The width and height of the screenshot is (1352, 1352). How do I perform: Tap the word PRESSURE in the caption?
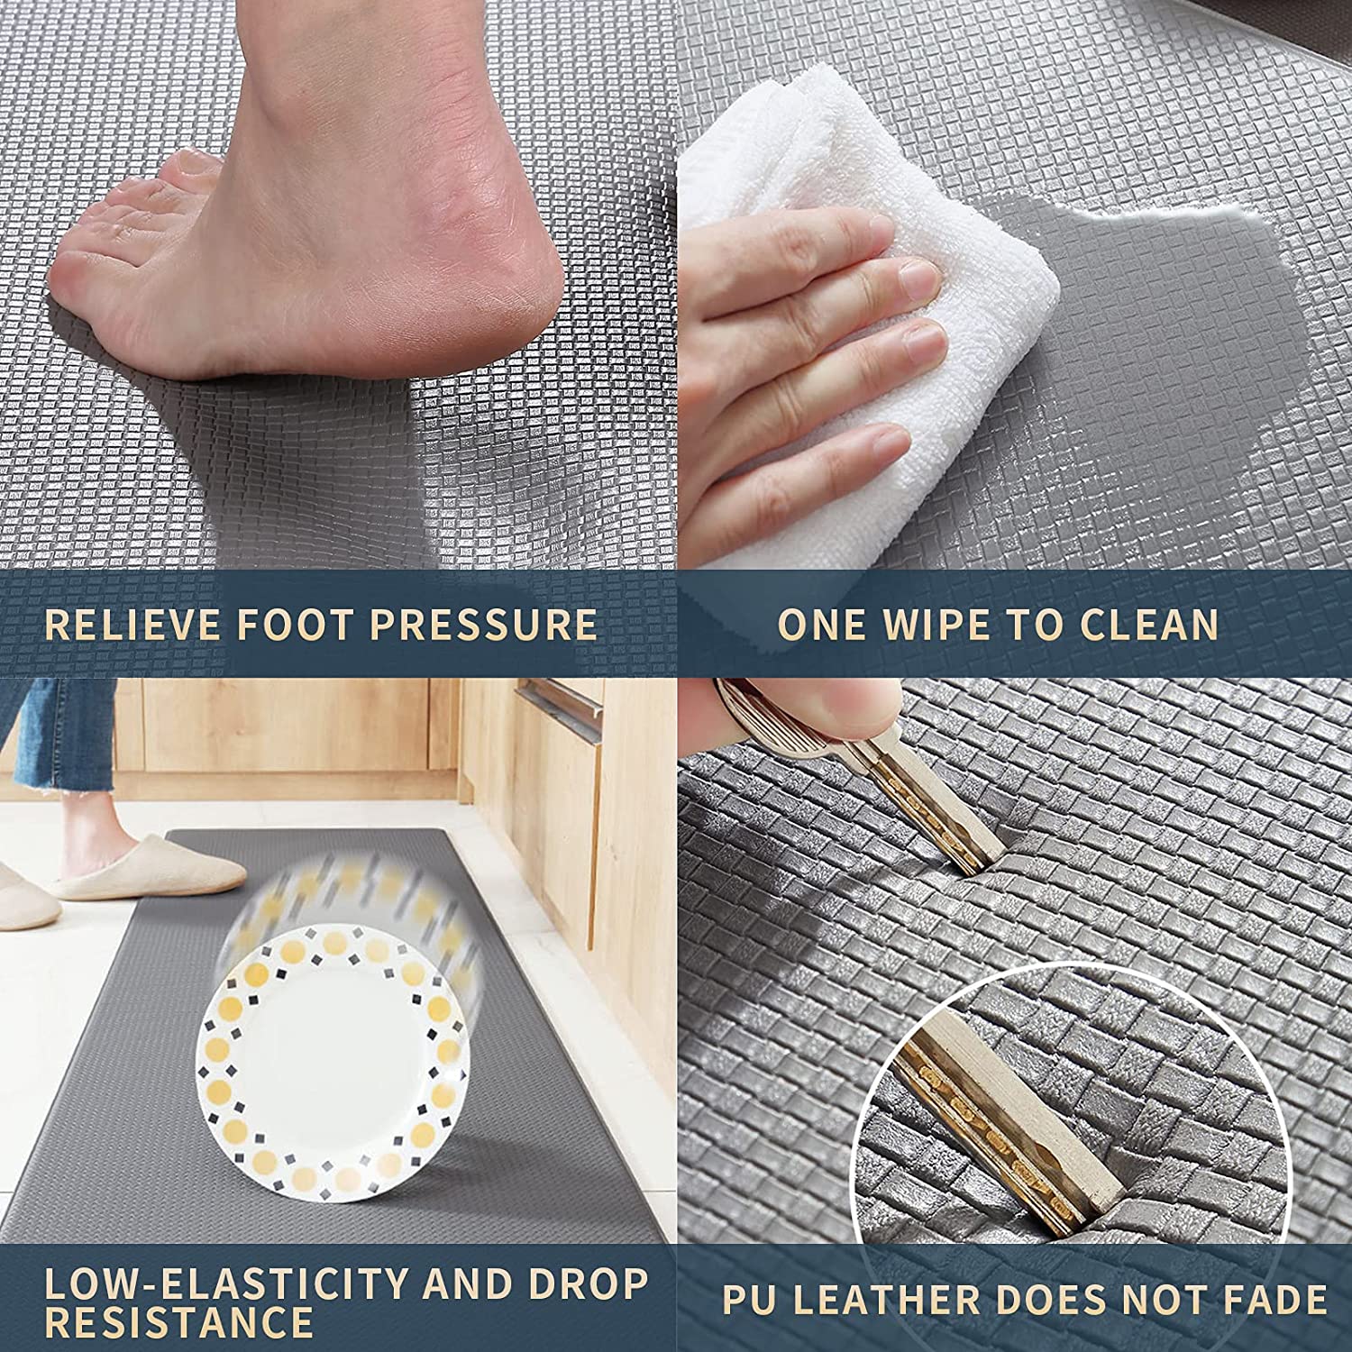click(x=483, y=625)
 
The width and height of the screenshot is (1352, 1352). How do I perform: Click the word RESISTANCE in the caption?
click(x=178, y=1322)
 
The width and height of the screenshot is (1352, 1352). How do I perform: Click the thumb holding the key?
click(x=811, y=712)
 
